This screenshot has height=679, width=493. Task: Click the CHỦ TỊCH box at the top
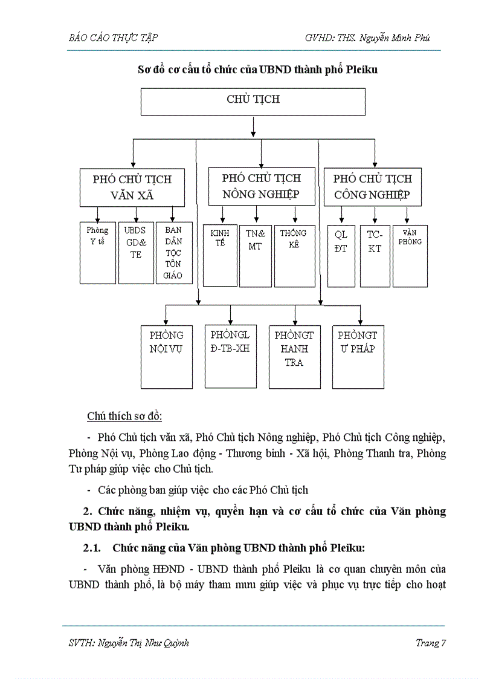253,101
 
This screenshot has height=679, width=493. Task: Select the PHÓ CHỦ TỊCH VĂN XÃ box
132,187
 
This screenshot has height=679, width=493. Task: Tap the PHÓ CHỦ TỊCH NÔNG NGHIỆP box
261,186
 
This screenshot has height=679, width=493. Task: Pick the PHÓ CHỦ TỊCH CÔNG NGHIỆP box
372,187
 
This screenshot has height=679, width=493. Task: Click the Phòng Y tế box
97,253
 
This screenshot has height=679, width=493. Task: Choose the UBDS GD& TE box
136,253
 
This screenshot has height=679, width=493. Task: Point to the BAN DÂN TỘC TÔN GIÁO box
174,253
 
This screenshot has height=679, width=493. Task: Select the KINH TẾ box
220,255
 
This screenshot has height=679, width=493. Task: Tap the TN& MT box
255,256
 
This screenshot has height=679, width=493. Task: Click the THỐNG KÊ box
294,256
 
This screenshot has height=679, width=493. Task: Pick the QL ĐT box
341,256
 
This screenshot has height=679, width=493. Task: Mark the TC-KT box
375,256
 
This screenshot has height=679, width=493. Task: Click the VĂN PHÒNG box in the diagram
410,256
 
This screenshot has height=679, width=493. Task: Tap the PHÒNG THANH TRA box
294,357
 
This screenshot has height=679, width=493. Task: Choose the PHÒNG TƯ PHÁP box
358,357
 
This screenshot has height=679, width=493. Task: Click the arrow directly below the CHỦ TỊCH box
253,126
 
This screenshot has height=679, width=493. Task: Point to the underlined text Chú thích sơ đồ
124,417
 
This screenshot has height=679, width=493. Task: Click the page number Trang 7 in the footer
430,643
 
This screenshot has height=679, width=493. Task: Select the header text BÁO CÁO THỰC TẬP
113,37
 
